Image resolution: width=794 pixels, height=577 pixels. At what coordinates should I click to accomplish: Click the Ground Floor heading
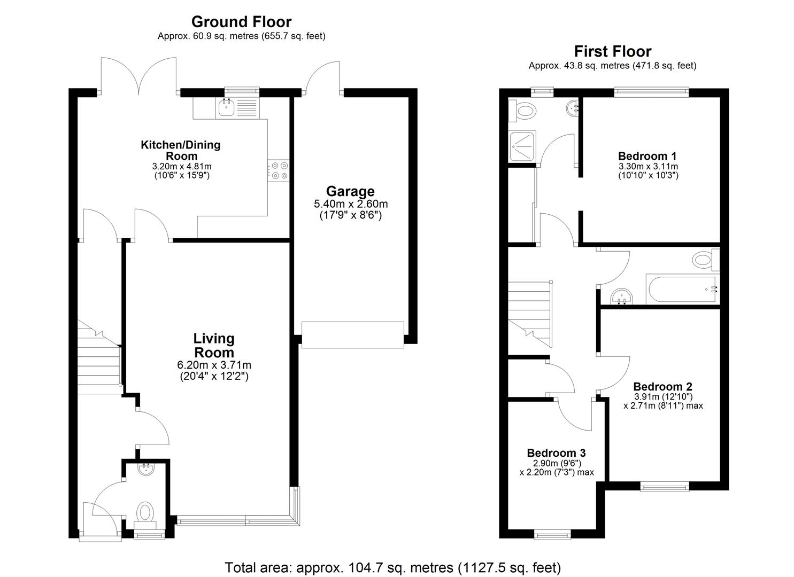coord(241,22)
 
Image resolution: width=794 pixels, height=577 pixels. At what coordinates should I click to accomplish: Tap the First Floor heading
coord(612,52)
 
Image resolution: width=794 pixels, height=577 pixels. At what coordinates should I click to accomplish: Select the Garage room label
coord(350,191)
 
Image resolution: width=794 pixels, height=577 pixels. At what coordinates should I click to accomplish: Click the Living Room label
coord(214,345)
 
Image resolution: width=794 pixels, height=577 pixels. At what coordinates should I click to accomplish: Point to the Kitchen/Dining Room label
coord(180,150)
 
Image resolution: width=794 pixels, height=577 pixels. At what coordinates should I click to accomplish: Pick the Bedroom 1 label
coord(647,156)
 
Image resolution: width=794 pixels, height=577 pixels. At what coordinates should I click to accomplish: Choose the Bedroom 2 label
coord(662,386)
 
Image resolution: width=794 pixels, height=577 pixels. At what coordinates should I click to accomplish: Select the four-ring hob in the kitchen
coord(278,170)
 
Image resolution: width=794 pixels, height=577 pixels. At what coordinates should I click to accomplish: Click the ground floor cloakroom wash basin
coord(145,470)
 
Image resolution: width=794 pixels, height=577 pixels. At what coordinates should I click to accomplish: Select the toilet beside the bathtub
coord(705,260)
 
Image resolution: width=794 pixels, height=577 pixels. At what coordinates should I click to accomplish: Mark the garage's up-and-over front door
coord(352,334)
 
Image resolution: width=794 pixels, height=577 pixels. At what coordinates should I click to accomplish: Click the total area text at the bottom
coord(393,567)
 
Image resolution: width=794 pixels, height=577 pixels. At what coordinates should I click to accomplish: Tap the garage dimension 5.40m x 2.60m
coord(350,204)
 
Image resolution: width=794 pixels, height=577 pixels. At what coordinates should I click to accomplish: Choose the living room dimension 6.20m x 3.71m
coord(214,365)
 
